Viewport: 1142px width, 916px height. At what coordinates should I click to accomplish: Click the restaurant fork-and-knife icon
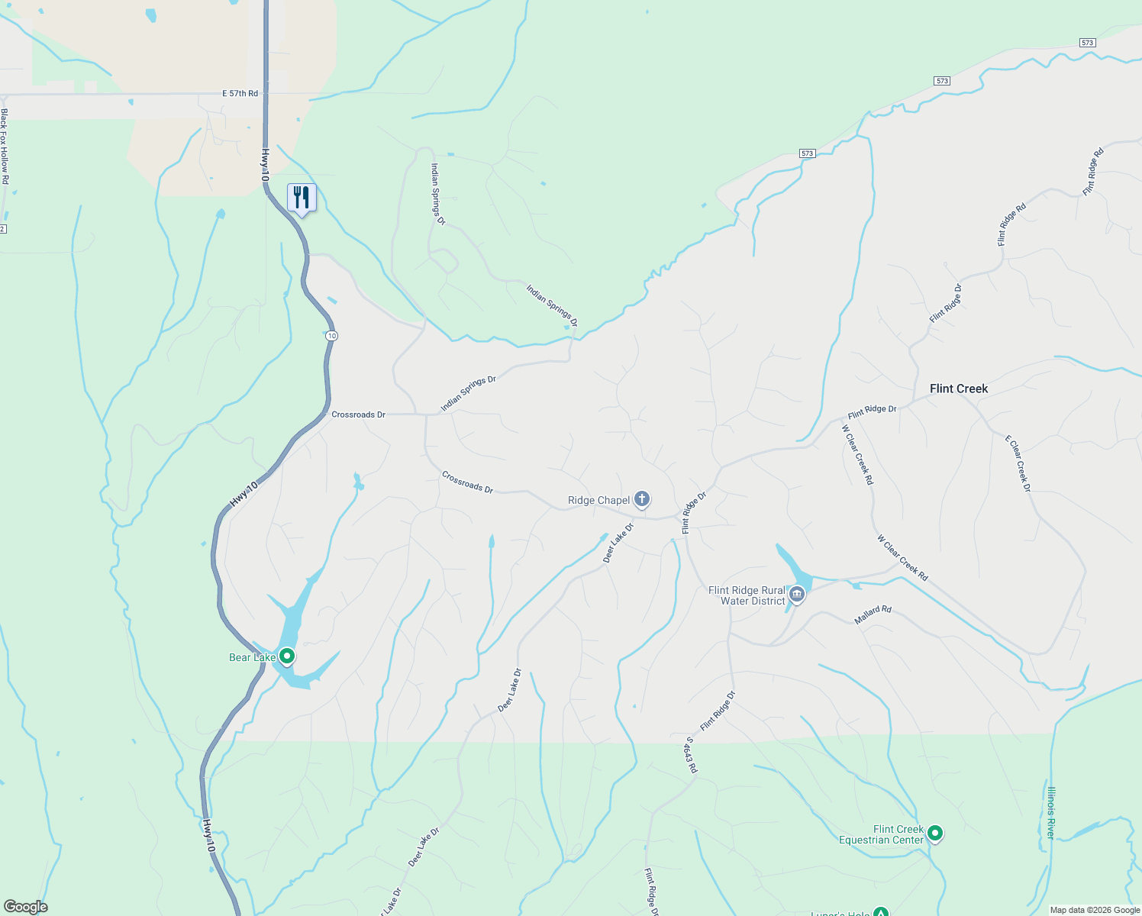(x=302, y=198)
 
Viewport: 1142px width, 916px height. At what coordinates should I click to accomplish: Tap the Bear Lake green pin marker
(x=287, y=656)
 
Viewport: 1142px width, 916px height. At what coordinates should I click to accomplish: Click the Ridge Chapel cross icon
(x=642, y=499)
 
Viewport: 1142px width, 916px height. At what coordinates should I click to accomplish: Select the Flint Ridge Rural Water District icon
(x=797, y=594)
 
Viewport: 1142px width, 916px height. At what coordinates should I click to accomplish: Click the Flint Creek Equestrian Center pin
(x=935, y=834)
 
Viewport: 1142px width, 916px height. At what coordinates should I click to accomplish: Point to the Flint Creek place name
(x=959, y=389)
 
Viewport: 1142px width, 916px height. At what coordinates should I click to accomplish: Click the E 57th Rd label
(x=240, y=93)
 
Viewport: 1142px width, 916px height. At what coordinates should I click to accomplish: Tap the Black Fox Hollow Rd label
(x=5, y=146)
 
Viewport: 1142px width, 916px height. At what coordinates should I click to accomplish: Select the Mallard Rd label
(x=873, y=615)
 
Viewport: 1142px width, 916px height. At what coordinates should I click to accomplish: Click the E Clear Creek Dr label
(x=1018, y=463)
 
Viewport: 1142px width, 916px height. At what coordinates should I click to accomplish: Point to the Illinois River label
(x=1051, y=813)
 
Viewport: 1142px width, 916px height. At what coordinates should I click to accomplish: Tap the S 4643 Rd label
(x=691, y=754)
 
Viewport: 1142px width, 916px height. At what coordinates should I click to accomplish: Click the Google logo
(x=26, y=907)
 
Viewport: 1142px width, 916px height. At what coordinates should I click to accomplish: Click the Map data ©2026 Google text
(x=1095, y=910)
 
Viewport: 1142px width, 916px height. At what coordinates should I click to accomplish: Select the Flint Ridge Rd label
(x=1011, y=224)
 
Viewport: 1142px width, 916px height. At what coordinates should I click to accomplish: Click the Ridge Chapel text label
(x=598, y=501)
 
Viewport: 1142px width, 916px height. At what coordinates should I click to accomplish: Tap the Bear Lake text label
(x=252, y=657)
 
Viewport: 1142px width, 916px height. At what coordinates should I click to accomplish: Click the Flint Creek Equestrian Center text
(x=882, y=834)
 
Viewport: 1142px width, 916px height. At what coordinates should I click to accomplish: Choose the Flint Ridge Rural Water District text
(x=747, y=595)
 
